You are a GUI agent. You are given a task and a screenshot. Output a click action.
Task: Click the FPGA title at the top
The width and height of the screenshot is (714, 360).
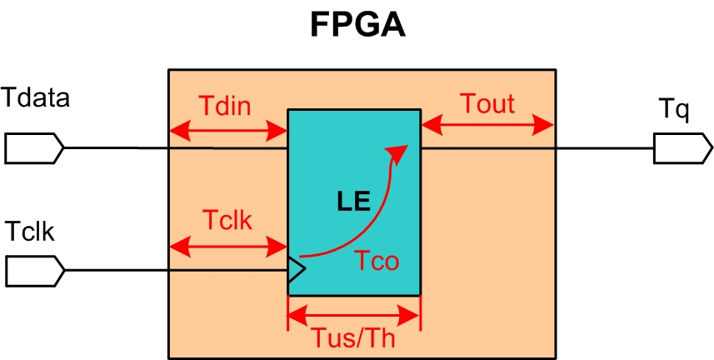(357, 25)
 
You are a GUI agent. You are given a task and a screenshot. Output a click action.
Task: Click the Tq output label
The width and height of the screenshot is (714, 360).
(674, 109)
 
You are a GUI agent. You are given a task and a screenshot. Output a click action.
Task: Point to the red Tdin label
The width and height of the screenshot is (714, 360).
(226, 106)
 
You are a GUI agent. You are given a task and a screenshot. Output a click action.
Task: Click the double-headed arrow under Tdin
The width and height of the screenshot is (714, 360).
(228, 131)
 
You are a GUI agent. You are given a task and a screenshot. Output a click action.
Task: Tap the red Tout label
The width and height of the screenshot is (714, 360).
(487, 104)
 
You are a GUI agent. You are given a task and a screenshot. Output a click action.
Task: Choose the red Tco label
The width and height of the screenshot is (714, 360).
(375, 261)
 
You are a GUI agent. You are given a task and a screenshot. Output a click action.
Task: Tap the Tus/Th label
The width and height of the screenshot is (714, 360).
(354, 339)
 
